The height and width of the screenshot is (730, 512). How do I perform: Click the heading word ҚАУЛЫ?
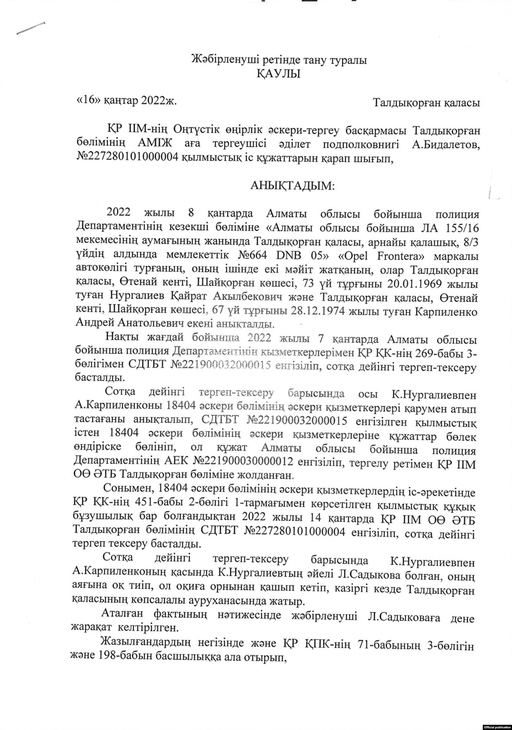(278, 75)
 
